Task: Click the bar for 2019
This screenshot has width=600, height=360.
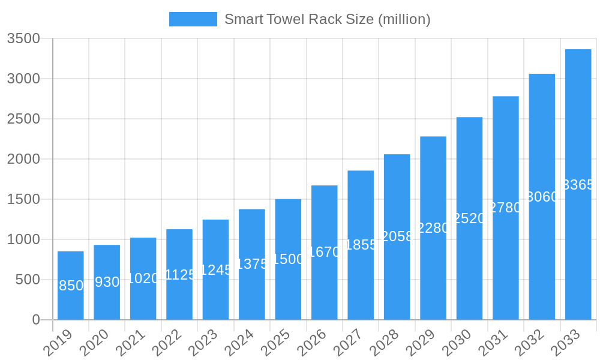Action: [x=71, y=286]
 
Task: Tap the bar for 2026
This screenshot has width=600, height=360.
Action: [x=325, y=253]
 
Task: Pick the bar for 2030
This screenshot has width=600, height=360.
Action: [x=469, y=218]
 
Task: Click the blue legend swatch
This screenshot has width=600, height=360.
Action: [x=193, y=19]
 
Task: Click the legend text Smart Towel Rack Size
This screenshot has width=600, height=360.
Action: [x=327, y=19]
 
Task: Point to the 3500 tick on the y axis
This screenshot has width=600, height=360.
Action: [x=23, y=38]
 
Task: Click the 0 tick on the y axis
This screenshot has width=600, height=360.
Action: [x=36, y=320]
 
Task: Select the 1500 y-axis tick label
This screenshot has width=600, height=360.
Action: [x=23, y=199]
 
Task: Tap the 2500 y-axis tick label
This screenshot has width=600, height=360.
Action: [x=23, y=119]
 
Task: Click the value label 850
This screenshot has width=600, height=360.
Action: [x=71, y=286]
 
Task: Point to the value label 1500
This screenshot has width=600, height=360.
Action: [x=288, y=259]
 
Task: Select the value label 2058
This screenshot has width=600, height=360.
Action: [x=397, y=236]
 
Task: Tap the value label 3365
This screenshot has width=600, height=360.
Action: [x=578, y=185]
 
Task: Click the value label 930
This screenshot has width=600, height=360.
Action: [x=107, y=282]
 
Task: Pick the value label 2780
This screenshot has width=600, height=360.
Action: [x=506, y=208]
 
